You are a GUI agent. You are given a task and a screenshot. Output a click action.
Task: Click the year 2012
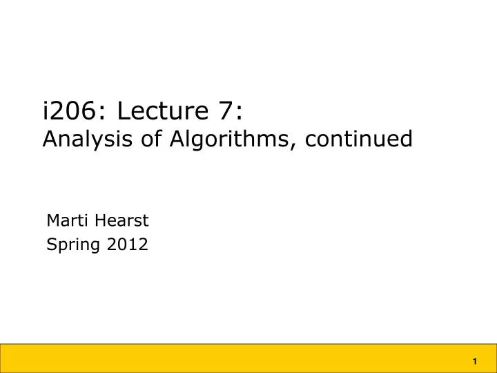pos(125,244)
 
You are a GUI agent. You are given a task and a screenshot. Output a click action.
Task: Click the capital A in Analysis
pos(50,140)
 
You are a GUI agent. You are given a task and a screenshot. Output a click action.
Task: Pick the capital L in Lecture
pos(123,110)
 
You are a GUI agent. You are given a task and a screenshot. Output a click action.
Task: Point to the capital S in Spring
pos(51,244)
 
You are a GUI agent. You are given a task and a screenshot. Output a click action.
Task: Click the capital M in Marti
pos(52,221)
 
